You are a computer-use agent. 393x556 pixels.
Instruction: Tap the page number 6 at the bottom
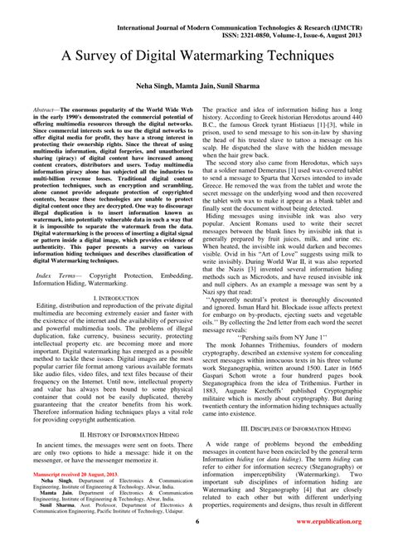(x=197, y=544)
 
